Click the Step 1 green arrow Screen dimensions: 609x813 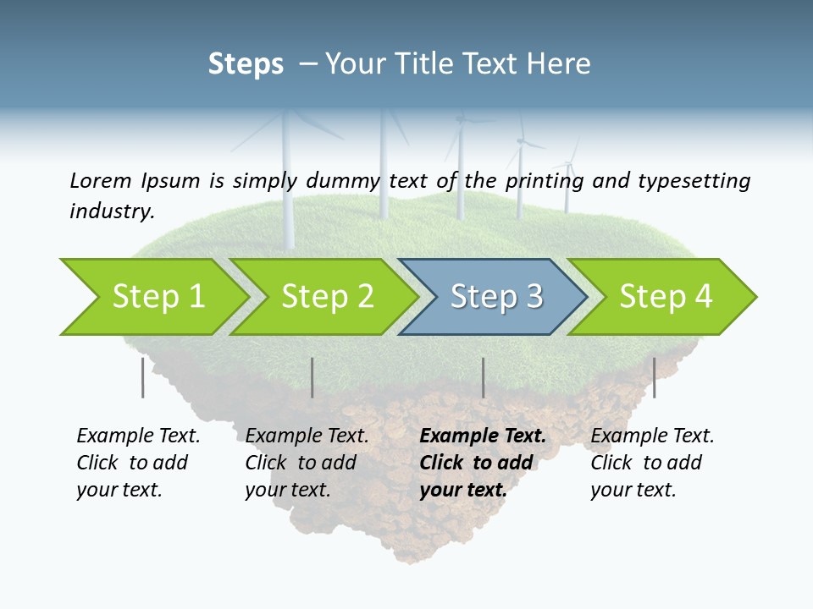(157, 297)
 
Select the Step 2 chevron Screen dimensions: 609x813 (326, 297)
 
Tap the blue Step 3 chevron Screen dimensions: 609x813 (495, 297)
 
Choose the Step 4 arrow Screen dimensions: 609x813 (665, 297)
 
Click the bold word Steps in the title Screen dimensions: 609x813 (246, 64)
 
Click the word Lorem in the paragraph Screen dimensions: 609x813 (100, 180)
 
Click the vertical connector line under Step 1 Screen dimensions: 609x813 (142, 377)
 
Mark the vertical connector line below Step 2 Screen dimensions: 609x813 (312, 377)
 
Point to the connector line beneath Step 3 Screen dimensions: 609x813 (483, 377)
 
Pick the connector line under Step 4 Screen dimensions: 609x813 (654, 377)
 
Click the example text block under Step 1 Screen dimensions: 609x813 (137, 463)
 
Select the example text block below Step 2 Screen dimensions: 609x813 (306, 463)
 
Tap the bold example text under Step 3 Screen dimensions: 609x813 (482, 463)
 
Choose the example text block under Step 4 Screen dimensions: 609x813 (651, 463)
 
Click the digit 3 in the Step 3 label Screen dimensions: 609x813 (534, 297)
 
